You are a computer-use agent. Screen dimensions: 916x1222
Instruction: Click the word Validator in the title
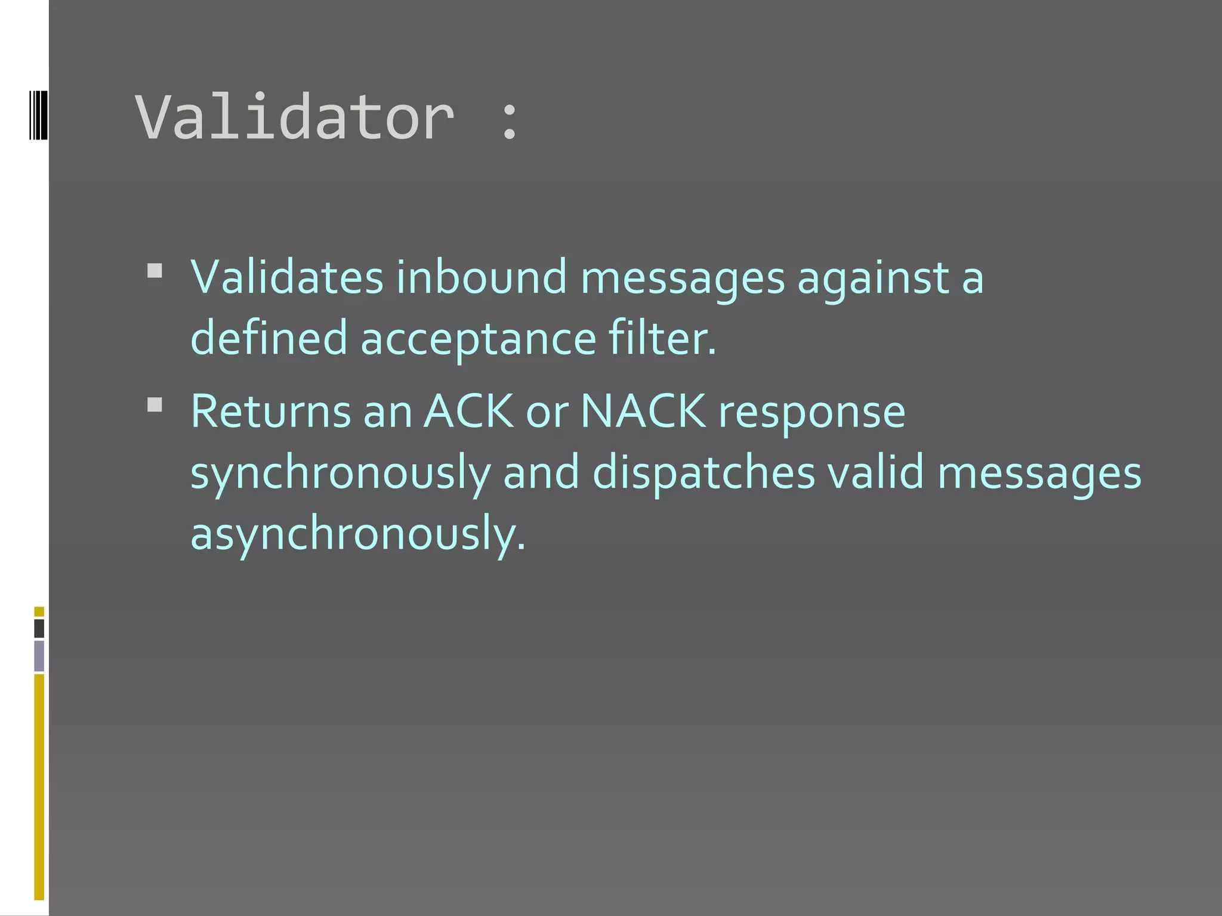coord(295,117)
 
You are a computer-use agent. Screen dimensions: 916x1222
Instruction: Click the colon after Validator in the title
coord(509,121)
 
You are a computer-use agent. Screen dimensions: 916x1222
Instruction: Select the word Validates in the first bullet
coord(286,277)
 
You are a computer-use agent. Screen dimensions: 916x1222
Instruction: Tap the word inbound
coord(481,277)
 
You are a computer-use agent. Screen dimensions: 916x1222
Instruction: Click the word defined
coord(269,338)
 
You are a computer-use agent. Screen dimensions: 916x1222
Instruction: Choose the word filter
coord(662,338)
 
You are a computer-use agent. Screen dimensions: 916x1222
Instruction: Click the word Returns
coord(271,411)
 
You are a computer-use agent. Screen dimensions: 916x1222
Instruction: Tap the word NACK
coord(643,411)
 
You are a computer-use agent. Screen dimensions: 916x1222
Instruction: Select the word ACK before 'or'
coord(468,411)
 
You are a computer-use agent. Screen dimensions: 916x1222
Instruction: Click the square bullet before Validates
coord(155,271)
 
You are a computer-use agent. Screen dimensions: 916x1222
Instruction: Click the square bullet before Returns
coord(155,406)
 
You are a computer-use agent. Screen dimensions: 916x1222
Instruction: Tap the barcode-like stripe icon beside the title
coord(38,114)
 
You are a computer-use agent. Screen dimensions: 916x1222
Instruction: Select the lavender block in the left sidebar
coord(39,655)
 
